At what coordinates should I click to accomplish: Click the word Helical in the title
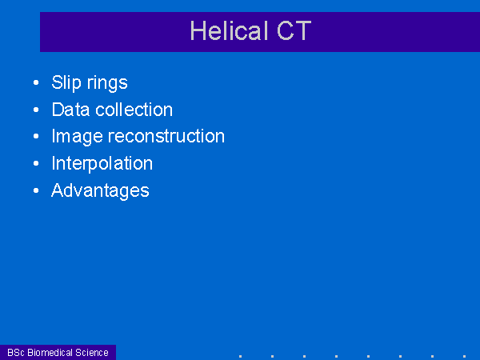point(229,30)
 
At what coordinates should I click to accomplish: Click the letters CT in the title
point(294,30)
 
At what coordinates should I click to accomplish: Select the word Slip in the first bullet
point(66,82)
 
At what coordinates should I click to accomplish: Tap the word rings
point(107,83)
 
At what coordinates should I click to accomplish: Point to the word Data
point(70,110)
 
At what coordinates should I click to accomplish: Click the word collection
point(134,110)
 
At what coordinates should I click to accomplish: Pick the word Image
point(77,137)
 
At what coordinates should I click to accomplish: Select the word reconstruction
point(166,136)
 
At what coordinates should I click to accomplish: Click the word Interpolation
point(102,164)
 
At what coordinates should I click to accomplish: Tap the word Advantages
point(100,190)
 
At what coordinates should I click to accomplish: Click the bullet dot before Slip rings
point(36,82)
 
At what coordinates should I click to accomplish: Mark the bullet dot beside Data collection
point(36,110)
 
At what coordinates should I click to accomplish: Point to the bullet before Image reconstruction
point(36,136)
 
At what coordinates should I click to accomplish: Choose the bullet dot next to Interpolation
point(36,163)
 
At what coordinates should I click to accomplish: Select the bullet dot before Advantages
point(36,190)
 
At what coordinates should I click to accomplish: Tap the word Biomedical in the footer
point(50,353)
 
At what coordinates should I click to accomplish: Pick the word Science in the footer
point(92,353)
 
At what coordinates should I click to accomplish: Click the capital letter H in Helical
point(198,30)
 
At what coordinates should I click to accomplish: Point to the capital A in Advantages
point(58,190)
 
